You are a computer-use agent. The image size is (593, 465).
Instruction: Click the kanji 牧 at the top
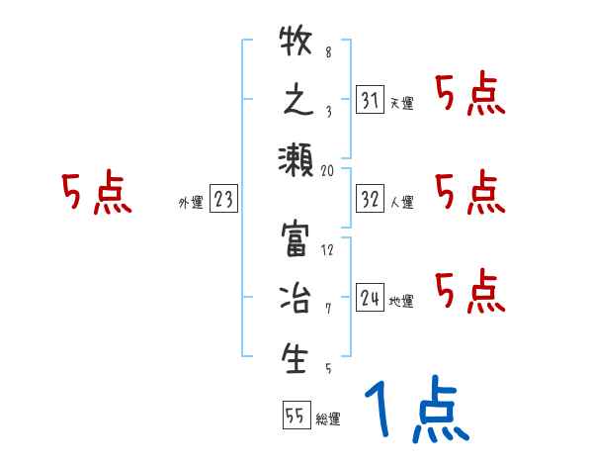pos(296,42)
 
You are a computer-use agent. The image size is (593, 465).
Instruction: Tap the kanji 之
pos(296,100)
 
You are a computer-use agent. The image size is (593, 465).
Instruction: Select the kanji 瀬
pos(296,158)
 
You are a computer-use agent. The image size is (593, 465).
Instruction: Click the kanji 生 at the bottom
pos(296,358)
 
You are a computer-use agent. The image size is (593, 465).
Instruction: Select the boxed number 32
pos(371,199)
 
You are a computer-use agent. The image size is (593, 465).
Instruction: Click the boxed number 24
pos(371,297)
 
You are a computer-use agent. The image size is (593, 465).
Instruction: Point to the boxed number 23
pos(223,200)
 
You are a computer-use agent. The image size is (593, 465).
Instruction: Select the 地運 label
pos(401,302)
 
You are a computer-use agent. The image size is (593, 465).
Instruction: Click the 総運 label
pos(328,419)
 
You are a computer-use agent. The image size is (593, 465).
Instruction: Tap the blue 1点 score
pos(416,411)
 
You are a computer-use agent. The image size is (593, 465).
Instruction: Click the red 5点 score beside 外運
pos(96,193)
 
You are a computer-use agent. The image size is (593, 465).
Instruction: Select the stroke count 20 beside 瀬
pos(328,170)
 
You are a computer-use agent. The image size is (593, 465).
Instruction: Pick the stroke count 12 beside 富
pos(328,249)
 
